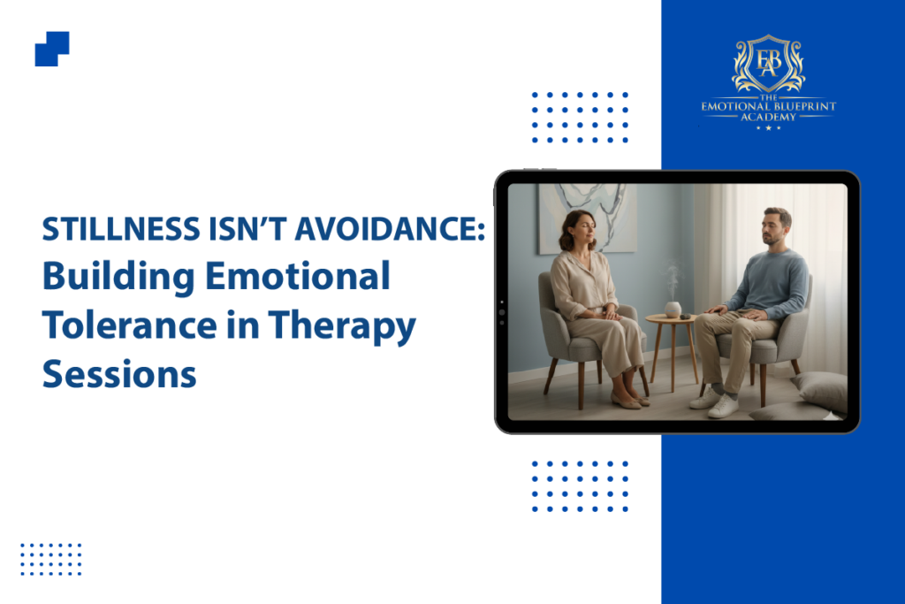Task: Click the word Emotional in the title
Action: pyautogui.click(x=298, y=275)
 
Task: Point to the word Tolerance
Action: pyautogui.click(x=129, y=325)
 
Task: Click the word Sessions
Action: pyautogui.click(x=119, y=374)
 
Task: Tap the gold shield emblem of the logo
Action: pyautogui.click(x=768, y=63)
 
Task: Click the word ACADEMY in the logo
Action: pyautogui.click(x=768, y=117)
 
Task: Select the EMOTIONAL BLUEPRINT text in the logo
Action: pyautogui.click(x=768, y=106)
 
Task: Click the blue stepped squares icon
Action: pyautogui.click(x=52, y=50)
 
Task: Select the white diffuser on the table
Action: pyautogui.click(x=673, y=309)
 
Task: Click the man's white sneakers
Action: pyautogui.click(x=716, y=401)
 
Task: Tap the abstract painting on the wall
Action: pyautogui.click(x=586, y=217)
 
